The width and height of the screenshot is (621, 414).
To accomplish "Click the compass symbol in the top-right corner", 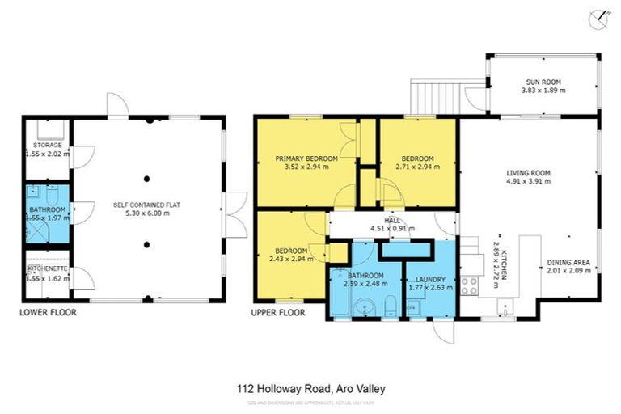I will (x=598, y=19).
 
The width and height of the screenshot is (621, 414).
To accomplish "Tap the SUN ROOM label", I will (x=543, y=82).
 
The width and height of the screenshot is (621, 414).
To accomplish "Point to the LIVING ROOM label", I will (x=528, y=172).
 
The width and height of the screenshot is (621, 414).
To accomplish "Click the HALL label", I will (x=391, y=219).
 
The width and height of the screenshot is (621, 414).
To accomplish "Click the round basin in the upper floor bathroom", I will (x=366, y=306).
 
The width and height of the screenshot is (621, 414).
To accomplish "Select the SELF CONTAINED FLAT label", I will (x=146, y=205).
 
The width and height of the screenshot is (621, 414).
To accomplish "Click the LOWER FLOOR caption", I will (x=48, y=311).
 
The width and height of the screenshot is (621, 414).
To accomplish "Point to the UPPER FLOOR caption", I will (x=279, y=311).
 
